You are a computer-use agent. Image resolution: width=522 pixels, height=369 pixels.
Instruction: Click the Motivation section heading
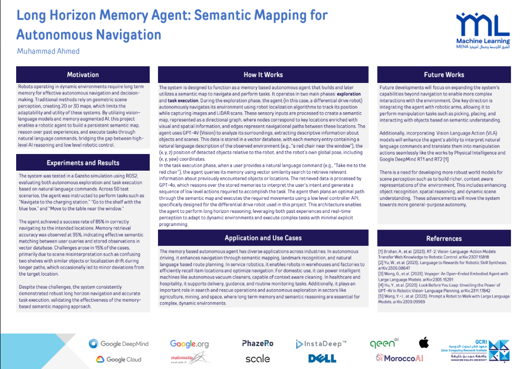[83, 75]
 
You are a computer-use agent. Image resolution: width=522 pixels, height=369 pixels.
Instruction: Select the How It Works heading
[263, 75]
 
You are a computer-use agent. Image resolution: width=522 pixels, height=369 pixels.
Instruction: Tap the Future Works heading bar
[444, 75]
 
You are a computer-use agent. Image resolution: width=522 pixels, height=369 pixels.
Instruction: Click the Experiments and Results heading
[83, 163]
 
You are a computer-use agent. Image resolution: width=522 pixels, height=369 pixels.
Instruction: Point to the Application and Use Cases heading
[263, 238]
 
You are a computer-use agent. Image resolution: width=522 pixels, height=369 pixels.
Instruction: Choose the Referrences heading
[444, 239]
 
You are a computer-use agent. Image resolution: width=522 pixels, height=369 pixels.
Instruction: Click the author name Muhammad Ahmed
[48, 51]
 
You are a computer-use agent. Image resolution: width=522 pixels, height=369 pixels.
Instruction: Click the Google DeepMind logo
[119, 343]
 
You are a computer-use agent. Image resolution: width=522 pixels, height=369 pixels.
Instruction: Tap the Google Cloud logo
[118, 359]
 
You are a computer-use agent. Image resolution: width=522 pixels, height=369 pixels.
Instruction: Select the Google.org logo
[189, 343]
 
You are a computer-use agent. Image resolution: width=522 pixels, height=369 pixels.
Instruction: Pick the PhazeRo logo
[258, 343]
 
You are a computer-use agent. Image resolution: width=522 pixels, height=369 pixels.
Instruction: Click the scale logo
[258, 359]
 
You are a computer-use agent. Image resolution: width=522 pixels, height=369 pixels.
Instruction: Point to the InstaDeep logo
[320, 344]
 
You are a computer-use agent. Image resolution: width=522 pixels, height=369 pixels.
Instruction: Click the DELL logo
[322, 359]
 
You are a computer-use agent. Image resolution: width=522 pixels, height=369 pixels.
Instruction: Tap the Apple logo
[423, 343]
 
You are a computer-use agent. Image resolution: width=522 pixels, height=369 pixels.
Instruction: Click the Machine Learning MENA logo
[482, 31]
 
